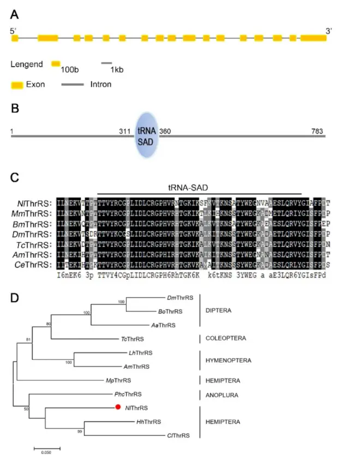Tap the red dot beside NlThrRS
coord(117,407)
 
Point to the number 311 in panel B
coord(125,130)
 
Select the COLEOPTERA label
coord(229,338)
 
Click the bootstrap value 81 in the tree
coord(28,342)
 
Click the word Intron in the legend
coord(101,85)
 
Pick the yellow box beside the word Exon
coord(17,85)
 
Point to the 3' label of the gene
coord(329,31)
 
